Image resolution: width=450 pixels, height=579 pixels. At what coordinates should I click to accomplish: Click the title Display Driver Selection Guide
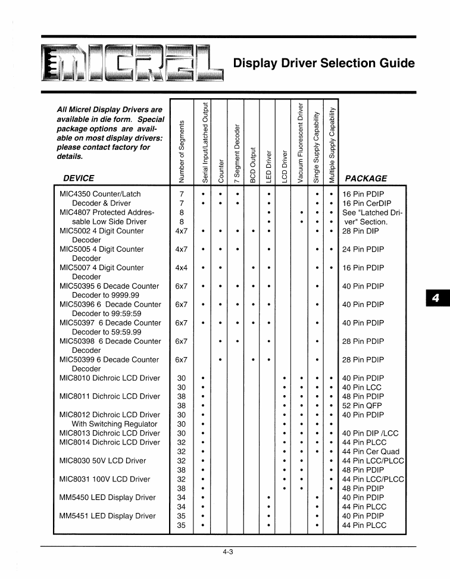[x=324, y=63]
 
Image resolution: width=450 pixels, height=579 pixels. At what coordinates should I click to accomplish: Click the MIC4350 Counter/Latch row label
[x=101, y=194]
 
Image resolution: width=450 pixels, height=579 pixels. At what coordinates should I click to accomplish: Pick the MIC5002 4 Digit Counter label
[x=102, y=231]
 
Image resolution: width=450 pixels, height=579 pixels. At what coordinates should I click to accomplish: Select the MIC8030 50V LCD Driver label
[x=102, y=461]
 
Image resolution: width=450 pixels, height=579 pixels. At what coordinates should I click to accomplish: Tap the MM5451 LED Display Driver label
[x=108, y=516]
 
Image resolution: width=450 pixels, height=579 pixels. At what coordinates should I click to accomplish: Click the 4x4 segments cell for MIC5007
[x=182, y=268]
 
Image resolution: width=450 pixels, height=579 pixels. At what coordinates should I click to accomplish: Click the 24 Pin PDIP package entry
[x=363, y=249]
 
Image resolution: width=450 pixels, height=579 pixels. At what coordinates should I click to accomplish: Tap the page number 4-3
[x=228, y=552]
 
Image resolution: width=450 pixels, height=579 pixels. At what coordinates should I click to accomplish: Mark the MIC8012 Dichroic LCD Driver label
[x=110, y=415]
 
